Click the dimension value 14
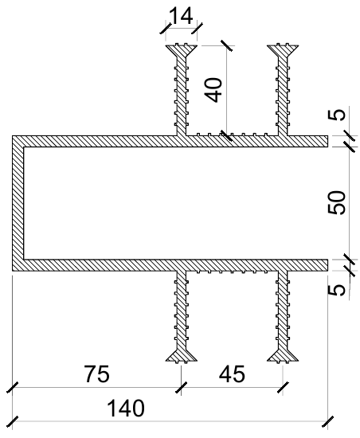click(x=181, y=16)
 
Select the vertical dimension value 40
click(x=213, y=90)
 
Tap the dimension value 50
click(x=337, y=202)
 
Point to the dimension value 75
click(x=97, y=373)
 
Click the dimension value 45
click(x=232, y=374)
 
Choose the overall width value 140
click(x=126, y=408)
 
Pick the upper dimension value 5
click(x=337, y=115)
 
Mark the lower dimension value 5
click(x=337, y=290)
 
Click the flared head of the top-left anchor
click(x=182, y=50)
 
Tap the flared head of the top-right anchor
click(x=283, y=50)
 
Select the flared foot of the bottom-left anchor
click(x=182, y=356)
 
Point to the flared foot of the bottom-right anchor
click(x=283, y=356)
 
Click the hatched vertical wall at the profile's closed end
click(x=18, y=203)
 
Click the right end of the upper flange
click(x=327, y=141)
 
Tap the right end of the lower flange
click(x=327, y=265)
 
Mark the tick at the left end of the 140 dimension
click(x=12, y=421)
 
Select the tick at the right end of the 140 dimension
click(x=327, y=421)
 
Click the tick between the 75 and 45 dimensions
click(x=182, y=388)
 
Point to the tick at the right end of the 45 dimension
click(x=283, y=388)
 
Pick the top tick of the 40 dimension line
click(x=226, y=45)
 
